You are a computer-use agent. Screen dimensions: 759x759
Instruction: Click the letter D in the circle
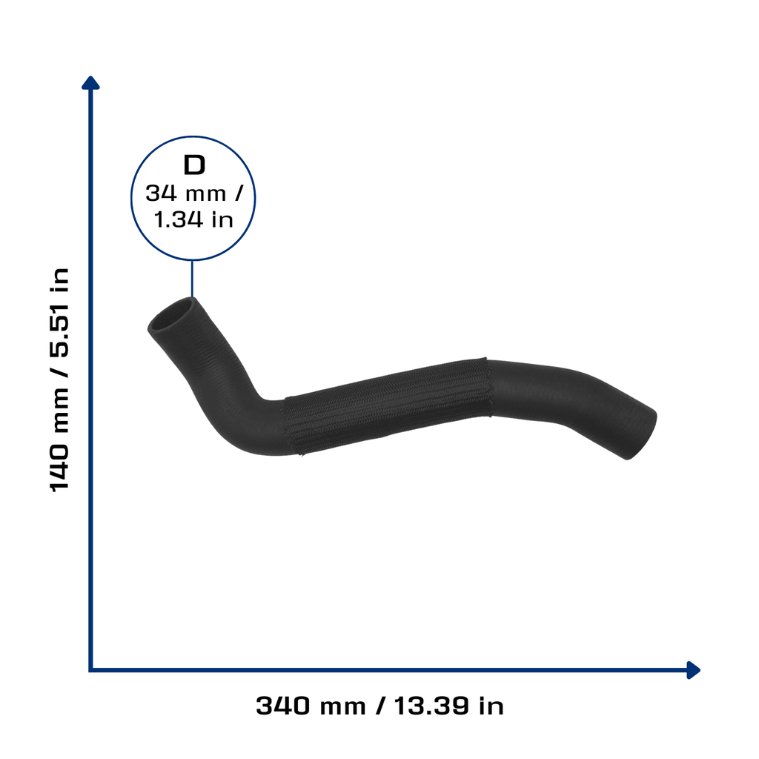[194, 165]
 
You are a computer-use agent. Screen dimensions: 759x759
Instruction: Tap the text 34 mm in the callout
[186, 193]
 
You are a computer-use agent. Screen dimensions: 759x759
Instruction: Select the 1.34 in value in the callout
[193, 219]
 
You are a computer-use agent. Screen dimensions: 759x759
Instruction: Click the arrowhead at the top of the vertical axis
[90, 83]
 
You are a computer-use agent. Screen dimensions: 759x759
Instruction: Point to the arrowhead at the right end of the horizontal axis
[694, 670]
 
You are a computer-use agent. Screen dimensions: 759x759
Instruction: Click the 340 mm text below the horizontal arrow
[311, 706]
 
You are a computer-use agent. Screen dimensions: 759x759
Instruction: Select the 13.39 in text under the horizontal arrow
[448, 706]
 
